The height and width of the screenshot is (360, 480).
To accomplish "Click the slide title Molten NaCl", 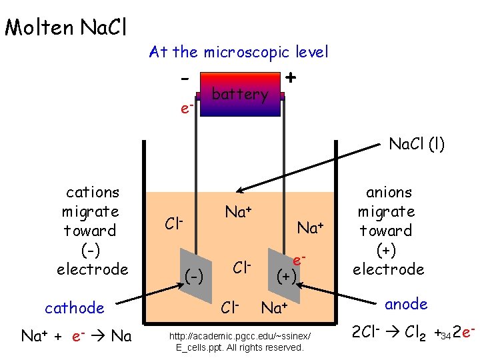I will click(65, 27).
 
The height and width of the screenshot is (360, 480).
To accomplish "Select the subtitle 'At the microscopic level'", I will click(239, 51).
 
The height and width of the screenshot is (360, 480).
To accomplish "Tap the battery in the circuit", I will click(240, 95).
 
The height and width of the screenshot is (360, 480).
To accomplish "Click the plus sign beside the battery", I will click(291, 77).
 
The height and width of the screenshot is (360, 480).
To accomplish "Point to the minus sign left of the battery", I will click(184, 77).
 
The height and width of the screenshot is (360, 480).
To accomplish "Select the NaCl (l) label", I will click(417, 143).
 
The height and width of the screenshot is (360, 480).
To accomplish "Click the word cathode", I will click(75, 308).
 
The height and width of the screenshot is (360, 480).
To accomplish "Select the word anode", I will click(406, 304).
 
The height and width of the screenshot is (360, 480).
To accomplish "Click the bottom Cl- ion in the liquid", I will click(230, 308).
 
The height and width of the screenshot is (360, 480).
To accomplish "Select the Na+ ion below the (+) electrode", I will click(275, 308).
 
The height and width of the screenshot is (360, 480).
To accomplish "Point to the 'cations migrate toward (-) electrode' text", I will click(92, 231).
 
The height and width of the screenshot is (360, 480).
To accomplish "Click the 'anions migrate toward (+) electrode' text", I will click(389, 231).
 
